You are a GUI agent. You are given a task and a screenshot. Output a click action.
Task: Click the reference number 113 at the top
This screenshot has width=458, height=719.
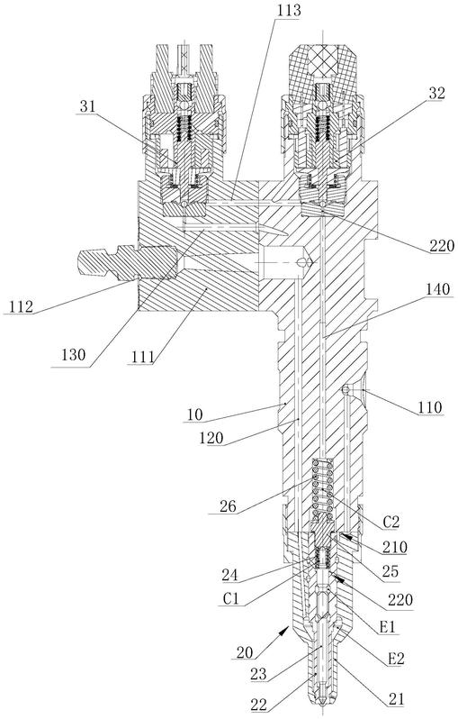point(288,10)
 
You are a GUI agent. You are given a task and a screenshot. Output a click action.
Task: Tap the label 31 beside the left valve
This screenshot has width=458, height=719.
point(87,106)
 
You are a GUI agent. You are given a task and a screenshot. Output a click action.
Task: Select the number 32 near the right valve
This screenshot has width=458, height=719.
point(436,93)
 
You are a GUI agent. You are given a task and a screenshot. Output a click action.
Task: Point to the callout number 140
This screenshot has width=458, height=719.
point(437,289)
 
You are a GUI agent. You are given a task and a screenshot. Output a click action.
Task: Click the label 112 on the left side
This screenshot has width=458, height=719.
point(22,305)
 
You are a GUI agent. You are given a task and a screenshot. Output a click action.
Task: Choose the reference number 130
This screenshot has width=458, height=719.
point(73,354)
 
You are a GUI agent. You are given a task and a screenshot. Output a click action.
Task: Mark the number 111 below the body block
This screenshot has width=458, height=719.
point(142,357)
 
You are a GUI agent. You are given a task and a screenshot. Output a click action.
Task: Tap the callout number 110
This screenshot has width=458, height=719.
point(429,407)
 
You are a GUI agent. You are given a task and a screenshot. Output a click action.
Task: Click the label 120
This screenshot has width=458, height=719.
point(211,439)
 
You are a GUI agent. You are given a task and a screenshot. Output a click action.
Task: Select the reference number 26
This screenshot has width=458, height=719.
point(228,506)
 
